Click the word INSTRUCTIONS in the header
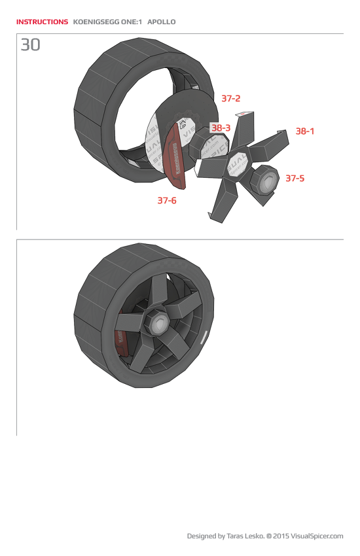click(42, 22)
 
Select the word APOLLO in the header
click(162, 22)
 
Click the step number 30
click(30, 44)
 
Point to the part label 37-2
click(230, 99)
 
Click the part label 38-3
click(221, 128)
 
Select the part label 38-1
click(305, 131)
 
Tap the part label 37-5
click(295, 178)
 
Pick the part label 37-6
click(167, 201)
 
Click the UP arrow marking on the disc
click(183, 123)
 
